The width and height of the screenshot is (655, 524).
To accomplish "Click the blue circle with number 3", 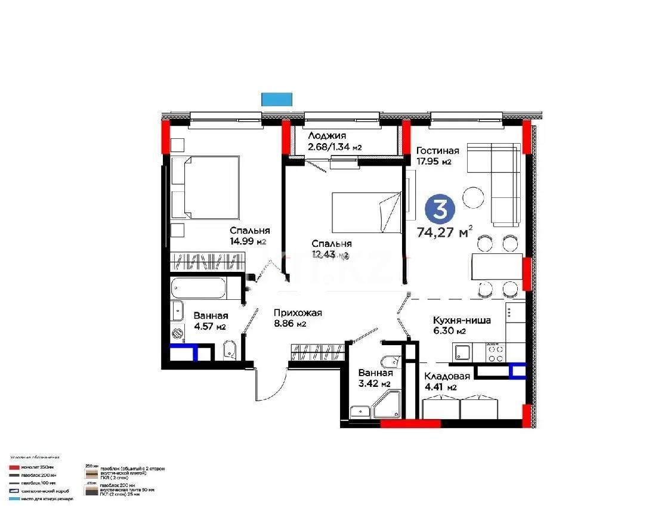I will (440, 209).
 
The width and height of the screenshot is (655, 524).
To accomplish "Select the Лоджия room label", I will (327, 137).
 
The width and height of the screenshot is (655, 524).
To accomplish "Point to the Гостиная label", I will (437, 151).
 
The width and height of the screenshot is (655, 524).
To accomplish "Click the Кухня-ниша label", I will (462, 320).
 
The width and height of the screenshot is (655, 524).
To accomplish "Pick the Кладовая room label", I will (447, 376).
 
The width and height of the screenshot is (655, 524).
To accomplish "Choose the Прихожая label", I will (298, 313).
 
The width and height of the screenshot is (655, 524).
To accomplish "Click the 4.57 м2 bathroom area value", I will (209, 327).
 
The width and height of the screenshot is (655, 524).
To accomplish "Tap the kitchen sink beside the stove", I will (461, 352).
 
